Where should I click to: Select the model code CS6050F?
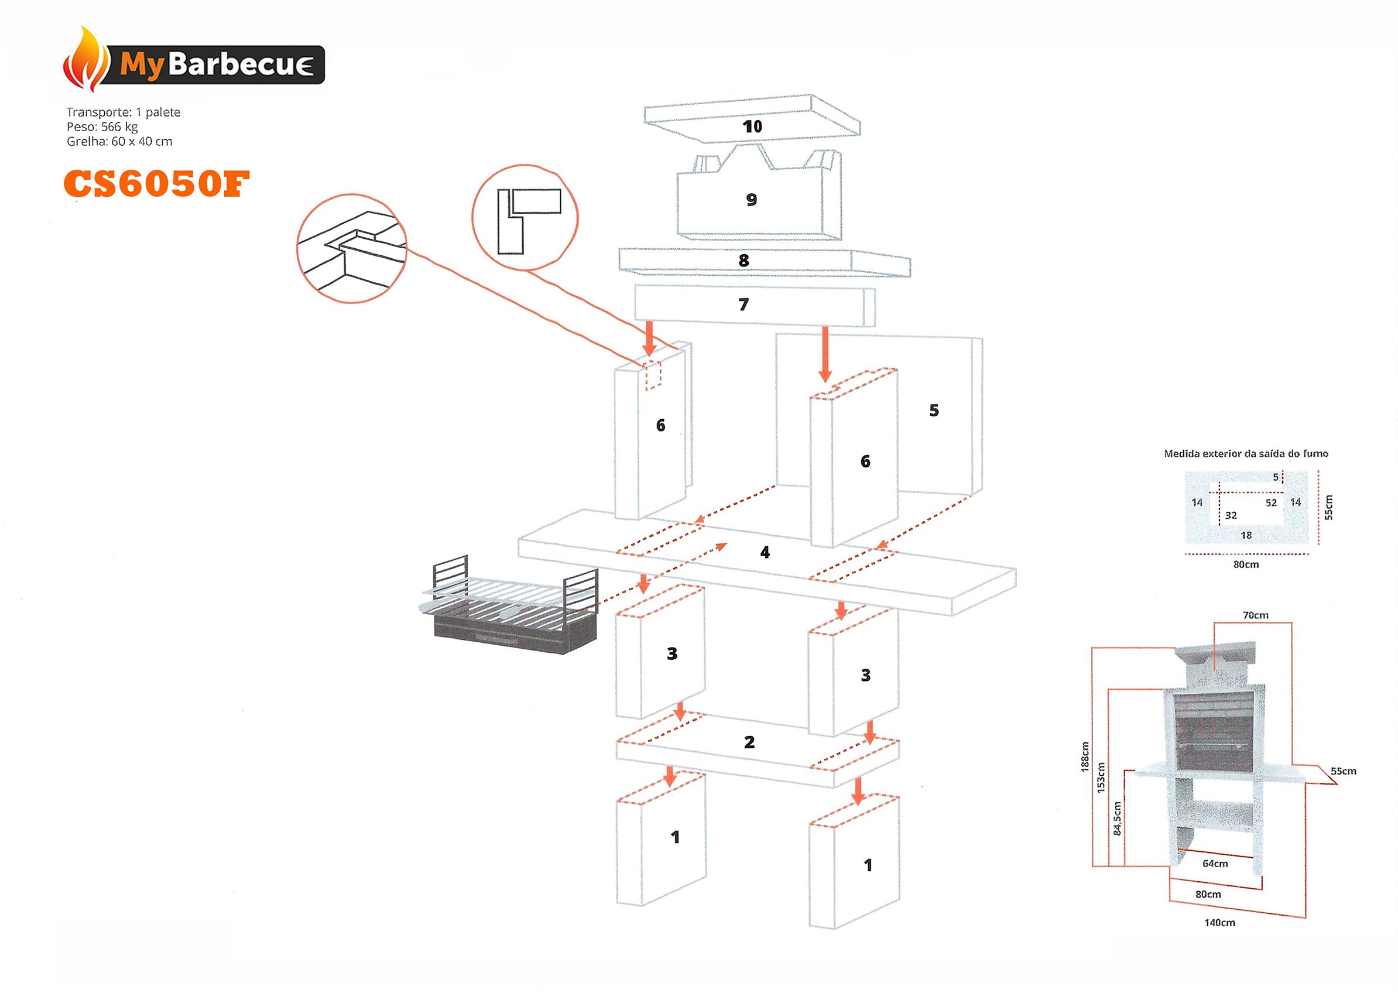[156, 183]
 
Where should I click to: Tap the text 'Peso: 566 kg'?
[102, 126]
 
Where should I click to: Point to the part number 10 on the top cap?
[752, 126]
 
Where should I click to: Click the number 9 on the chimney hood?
[751, 199]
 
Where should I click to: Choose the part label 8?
[743, 261]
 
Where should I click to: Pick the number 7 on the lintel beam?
[743, 304]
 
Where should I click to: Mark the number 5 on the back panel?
[933, 410]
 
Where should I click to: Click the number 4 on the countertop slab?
[765, 553]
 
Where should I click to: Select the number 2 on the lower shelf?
[749, 742]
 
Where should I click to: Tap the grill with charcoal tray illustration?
[509, 607]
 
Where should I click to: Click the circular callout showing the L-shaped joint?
[525, 217]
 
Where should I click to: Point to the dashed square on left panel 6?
[653, 375]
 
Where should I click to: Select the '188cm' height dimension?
[1084, 756]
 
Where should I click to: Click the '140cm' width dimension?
[1219, 923]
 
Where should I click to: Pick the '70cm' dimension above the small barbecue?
[1255, 615]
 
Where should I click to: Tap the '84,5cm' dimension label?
[1117, 818]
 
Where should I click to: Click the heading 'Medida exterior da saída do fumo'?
[1245, 454]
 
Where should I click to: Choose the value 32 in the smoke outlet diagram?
[1231, 515]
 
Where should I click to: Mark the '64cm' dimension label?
[1215, 864]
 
